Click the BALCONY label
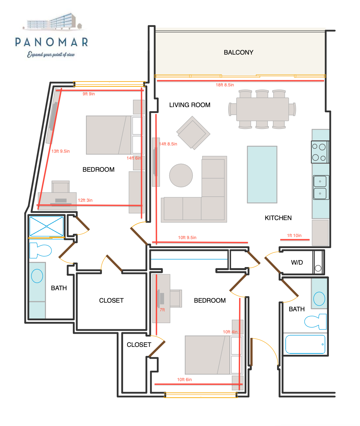(238, 53)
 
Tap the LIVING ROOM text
(190, 105)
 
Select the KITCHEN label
(278, 218)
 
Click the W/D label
(297, 262)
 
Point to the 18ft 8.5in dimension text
(225, 85)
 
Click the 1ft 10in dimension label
(294, 235)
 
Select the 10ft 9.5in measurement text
(187, 237)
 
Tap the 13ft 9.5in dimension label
(60, 151)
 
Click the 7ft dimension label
(162, 310)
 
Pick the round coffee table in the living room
(181, 176)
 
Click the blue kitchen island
(262, 174)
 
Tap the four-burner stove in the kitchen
(320, 152)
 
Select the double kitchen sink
(321, 187)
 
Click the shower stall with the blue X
(47, 226)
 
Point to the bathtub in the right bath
(305, 344)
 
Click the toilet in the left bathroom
(40, 250)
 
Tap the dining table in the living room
(263, 109)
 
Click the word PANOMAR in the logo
(51, 42)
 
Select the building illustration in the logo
(53, 21)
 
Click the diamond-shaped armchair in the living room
(193, 133)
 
